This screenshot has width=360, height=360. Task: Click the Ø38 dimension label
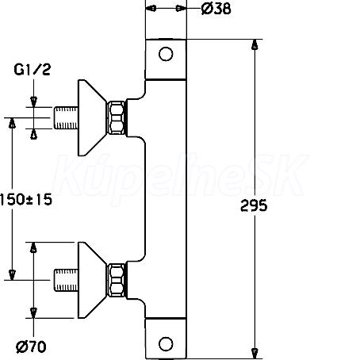216,9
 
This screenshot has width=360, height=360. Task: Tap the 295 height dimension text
254,205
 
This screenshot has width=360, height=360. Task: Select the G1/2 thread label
32,70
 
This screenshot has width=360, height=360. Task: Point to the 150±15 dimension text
26,199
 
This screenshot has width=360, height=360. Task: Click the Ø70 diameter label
31,347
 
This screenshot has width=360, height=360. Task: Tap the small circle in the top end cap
166,54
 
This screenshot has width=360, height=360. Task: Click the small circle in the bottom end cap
166,344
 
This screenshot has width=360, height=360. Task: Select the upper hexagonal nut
117,118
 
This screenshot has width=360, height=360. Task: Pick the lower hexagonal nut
117,280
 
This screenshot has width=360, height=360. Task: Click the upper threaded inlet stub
66,118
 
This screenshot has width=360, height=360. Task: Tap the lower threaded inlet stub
66,280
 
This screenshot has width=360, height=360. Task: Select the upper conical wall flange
91,118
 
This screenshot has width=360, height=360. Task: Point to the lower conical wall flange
91,280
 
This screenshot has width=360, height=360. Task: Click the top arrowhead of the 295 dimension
255,44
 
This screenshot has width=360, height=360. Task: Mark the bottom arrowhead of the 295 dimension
255,354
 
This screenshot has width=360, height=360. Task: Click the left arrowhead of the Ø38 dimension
151,9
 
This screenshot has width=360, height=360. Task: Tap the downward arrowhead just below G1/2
33,101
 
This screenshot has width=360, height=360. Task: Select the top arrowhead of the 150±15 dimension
12,123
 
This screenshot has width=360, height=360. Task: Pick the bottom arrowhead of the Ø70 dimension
33,313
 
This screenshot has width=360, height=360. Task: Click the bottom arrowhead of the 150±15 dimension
12,275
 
